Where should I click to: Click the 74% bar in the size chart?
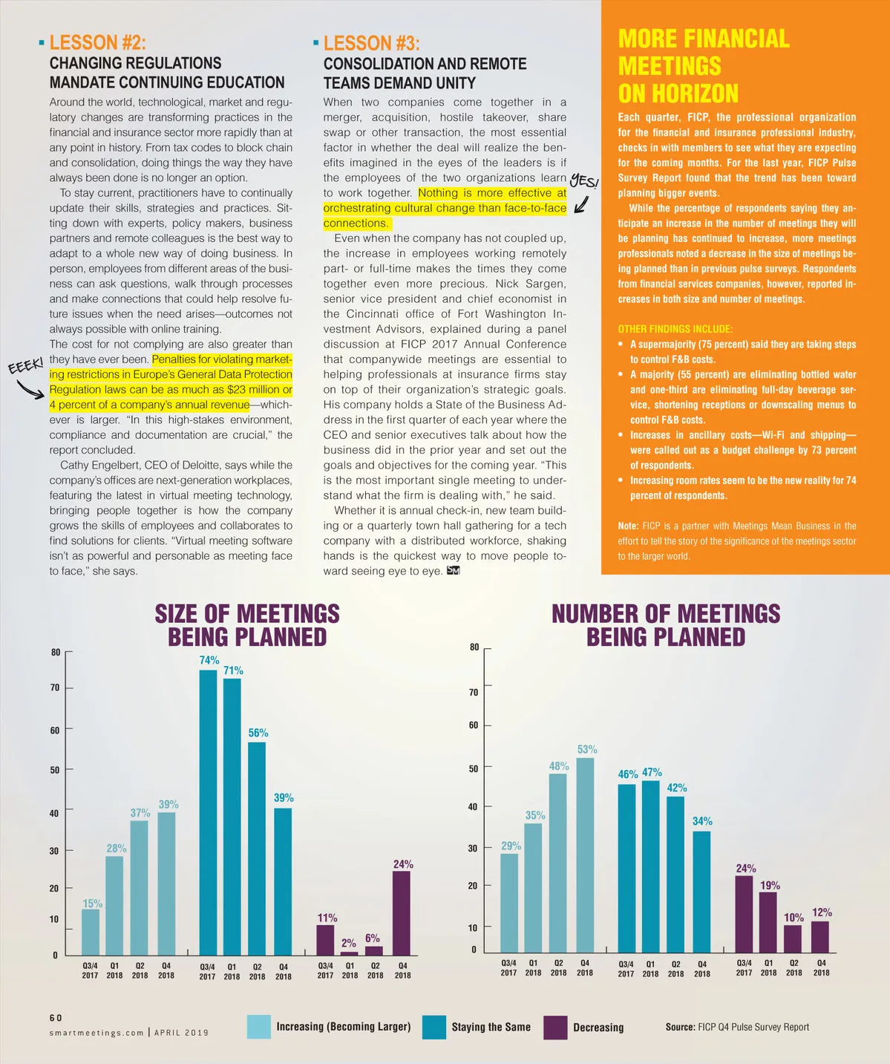[x=208, y=812]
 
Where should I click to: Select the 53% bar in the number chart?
[x=585, y=855]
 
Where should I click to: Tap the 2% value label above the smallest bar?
[x=348, y=944]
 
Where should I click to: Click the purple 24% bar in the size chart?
[x=402, y=913]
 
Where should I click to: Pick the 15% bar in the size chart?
[x=91, y=932]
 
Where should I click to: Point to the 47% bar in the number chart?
[x=650, y=866]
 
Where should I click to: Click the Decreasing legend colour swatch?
[x=555, y=1028]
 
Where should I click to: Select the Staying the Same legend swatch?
[x=434, y=1028]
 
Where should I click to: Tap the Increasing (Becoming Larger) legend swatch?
[x=259, y=1027]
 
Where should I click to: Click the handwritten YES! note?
[x=583, y=183]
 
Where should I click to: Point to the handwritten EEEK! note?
[x=25, y=367]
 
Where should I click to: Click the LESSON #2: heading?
[x=97, y=43]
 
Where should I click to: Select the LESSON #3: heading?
[x=371, y=44]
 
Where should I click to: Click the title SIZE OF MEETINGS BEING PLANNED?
[x=247, y=625]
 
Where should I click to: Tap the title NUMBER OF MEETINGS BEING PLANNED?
[x=666, y=625]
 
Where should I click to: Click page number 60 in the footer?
[x=56, y=1018]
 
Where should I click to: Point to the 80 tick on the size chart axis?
[x=56, y=653]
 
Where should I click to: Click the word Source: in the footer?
[x=680, y=1027]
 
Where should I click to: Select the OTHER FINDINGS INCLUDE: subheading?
[x=675, y=329]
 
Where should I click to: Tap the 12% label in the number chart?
[x=822, y=913]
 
